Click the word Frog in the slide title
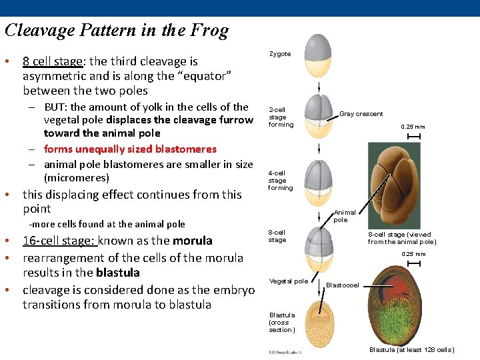209,31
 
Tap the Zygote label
280,54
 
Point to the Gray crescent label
361,114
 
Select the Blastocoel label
343,285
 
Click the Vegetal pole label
288,281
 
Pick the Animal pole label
340,216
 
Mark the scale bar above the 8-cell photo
413,137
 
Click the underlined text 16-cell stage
61,241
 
